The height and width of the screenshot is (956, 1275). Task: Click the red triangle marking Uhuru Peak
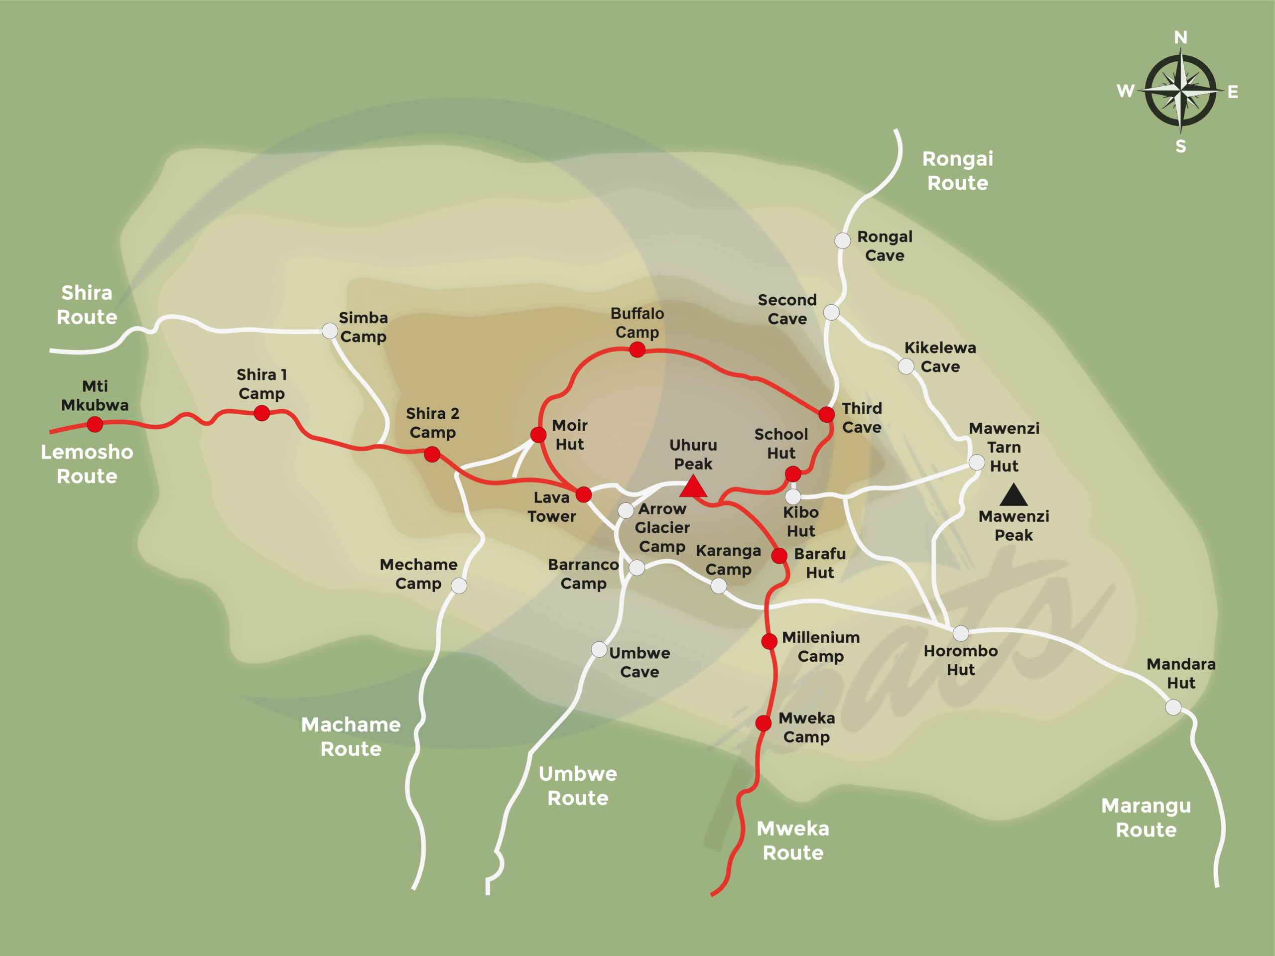coord(693,487)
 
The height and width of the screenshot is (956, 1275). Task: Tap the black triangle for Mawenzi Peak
coord(1014,496)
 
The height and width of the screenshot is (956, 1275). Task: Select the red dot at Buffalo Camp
coord(637,349)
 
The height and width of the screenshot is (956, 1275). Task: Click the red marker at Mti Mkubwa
coord(95,425)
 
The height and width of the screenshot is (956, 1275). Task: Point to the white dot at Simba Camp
coord(329,331)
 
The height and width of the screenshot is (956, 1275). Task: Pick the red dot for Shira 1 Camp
coord(261,413)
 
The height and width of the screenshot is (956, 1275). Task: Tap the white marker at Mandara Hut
coord(1173,707)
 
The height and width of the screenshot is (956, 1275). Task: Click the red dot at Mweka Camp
coord(763,722)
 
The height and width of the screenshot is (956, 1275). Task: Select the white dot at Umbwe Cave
coord(599,649)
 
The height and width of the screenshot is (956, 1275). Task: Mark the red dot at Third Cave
coord(827,414)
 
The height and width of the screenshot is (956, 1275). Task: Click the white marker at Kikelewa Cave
coord(906,366)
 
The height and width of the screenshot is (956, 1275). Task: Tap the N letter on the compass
coord(1180,38)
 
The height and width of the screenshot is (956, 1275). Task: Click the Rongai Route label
coord(957,171)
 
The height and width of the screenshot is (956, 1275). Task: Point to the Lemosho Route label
coord(87,464)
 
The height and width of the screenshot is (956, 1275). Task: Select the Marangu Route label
coord(1146,817)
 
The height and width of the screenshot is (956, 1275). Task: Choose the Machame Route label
coord(351,736)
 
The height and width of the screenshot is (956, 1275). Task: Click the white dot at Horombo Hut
coord(961,633)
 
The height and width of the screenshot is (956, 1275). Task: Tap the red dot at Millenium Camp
coord(769,641)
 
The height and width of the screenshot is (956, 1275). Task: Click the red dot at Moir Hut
coord(538,435)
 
